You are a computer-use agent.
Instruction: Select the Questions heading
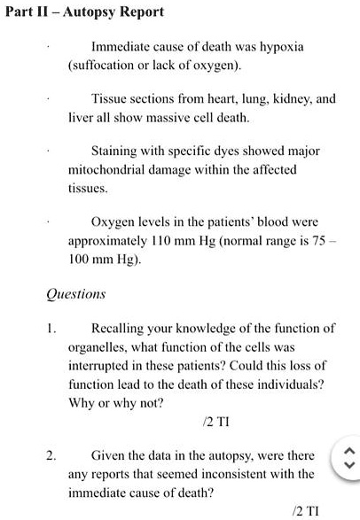point(74,293)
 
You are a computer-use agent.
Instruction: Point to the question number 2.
point(51,456)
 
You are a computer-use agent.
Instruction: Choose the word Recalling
point(121,328)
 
